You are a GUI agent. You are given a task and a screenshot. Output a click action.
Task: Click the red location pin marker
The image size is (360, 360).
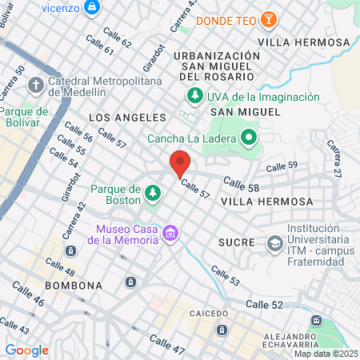tap(180, 163)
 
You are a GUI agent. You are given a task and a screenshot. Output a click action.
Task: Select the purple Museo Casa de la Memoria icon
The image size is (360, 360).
tap(170, 233)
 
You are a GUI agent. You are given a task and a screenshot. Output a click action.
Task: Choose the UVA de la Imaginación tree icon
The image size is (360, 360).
tap(194, 97)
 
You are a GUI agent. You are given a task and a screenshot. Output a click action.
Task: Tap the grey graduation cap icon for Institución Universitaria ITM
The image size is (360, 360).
tap(275, 242)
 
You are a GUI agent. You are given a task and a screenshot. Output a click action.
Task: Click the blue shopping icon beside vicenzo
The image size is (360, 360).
tap(93, 6)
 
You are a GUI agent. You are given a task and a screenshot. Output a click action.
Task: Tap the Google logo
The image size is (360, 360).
tap(26, 350)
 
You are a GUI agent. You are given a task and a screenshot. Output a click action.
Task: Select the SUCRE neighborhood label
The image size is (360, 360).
tap(237, 242)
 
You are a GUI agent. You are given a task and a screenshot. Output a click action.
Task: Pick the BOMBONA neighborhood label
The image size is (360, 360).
tap(73, 285)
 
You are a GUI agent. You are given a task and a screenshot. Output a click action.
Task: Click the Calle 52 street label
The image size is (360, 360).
tap(265, 304)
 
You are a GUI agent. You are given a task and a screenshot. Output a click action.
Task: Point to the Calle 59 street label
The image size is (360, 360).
tap(282, 166)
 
